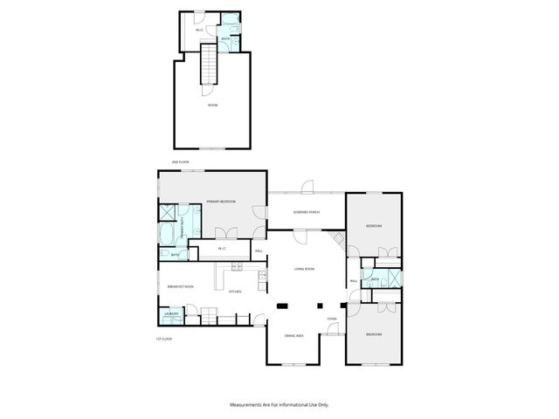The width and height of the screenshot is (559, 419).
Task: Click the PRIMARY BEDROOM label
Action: pyautogui.click(x=221, y=202)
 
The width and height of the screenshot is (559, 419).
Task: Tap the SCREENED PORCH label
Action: pyautogui.click(x=307, y=212)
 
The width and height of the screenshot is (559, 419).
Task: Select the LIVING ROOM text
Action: pyautogui.click(x=304, y=269)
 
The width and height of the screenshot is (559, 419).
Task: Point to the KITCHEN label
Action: pyautogui.click(x=235, y=292)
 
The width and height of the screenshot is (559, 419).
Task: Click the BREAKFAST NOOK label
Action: pyautogui.click(x=180, y=286)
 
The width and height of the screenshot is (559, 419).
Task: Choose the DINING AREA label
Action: pyautogui.click(x=294, y=336)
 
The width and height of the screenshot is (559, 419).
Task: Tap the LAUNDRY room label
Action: pyautogui.click(x=172, y=313)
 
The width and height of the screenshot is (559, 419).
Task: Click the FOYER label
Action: pyautogui.click(x=332, y=319)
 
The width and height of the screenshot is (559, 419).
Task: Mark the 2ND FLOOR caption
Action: pyautogui.click(x=181, y=162)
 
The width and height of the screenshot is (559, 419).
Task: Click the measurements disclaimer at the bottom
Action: pyautogui.click(x=279, y=404)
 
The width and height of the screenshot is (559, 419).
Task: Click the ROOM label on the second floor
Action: pyautogui.click(x=212, y=105)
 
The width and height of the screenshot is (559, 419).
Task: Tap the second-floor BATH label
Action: pyautogui.click(x=225, y=38)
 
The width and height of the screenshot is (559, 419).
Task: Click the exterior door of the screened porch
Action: pyautogui.click(x=307, y=186)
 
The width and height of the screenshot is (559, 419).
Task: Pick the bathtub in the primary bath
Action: pyautogui.click(x=166, y=236)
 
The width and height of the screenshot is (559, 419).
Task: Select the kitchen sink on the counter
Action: pyautogui.click(x=261, y=278)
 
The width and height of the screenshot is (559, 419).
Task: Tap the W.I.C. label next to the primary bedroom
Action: pyautogui.click(x=222, y=249)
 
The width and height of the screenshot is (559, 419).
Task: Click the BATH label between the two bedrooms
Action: pyautogui.click(x=375, y=279)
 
